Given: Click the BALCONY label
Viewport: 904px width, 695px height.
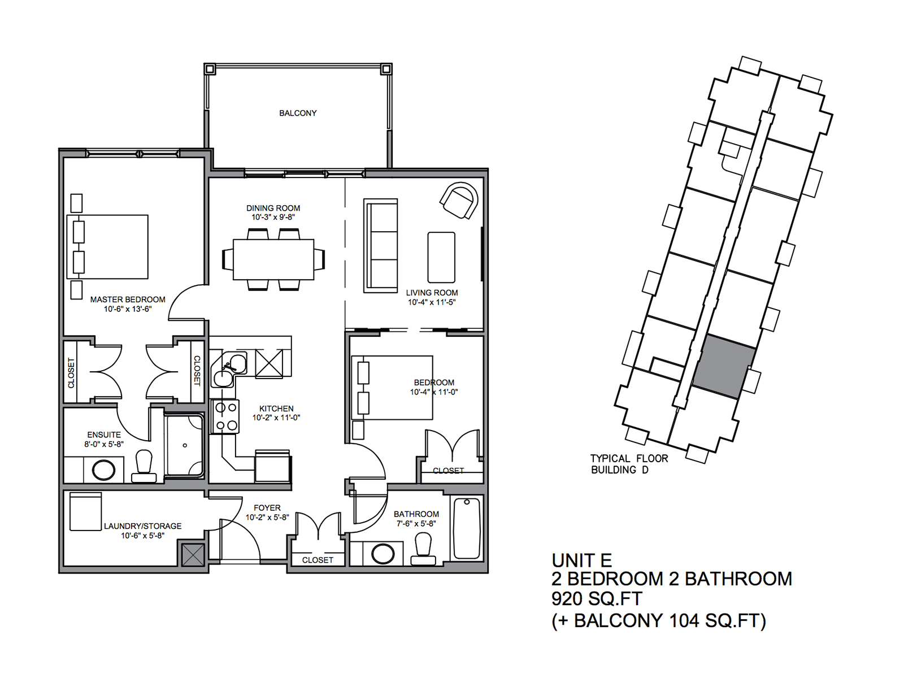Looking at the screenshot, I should [x=298, y=113].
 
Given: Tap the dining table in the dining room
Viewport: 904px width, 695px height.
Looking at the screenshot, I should [x=273, y=259].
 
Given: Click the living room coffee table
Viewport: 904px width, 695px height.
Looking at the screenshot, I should [x=441, y=257].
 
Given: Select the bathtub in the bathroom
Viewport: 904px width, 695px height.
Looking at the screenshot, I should [x=467, y=528].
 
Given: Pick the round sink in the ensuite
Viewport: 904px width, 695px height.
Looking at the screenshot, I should [x=104, y=470].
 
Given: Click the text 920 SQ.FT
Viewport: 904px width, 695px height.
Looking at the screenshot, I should [x=597, y=599].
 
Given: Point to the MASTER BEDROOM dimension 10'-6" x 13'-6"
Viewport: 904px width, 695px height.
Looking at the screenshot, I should [x=128, y=309].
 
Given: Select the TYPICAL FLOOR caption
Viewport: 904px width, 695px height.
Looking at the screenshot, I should [x=629, y=458].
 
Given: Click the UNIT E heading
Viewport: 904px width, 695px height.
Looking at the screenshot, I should [x=581, y=561].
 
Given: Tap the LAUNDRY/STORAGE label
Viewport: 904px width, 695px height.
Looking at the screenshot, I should [x=142, y=526].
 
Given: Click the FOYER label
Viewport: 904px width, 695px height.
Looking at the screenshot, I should [x=267, y=508].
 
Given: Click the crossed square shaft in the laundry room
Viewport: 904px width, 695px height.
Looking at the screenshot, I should [x=193, y=554].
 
